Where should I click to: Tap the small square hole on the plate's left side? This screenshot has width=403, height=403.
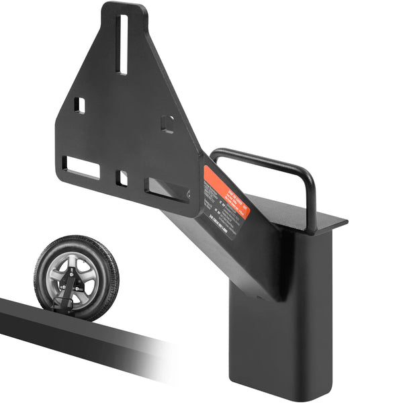coord(79,105)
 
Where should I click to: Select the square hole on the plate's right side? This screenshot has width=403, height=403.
coord(168,124)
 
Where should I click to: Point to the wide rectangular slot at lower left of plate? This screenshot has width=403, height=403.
coord(81,167)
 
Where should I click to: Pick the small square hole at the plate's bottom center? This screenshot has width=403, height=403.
coord(122,178)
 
